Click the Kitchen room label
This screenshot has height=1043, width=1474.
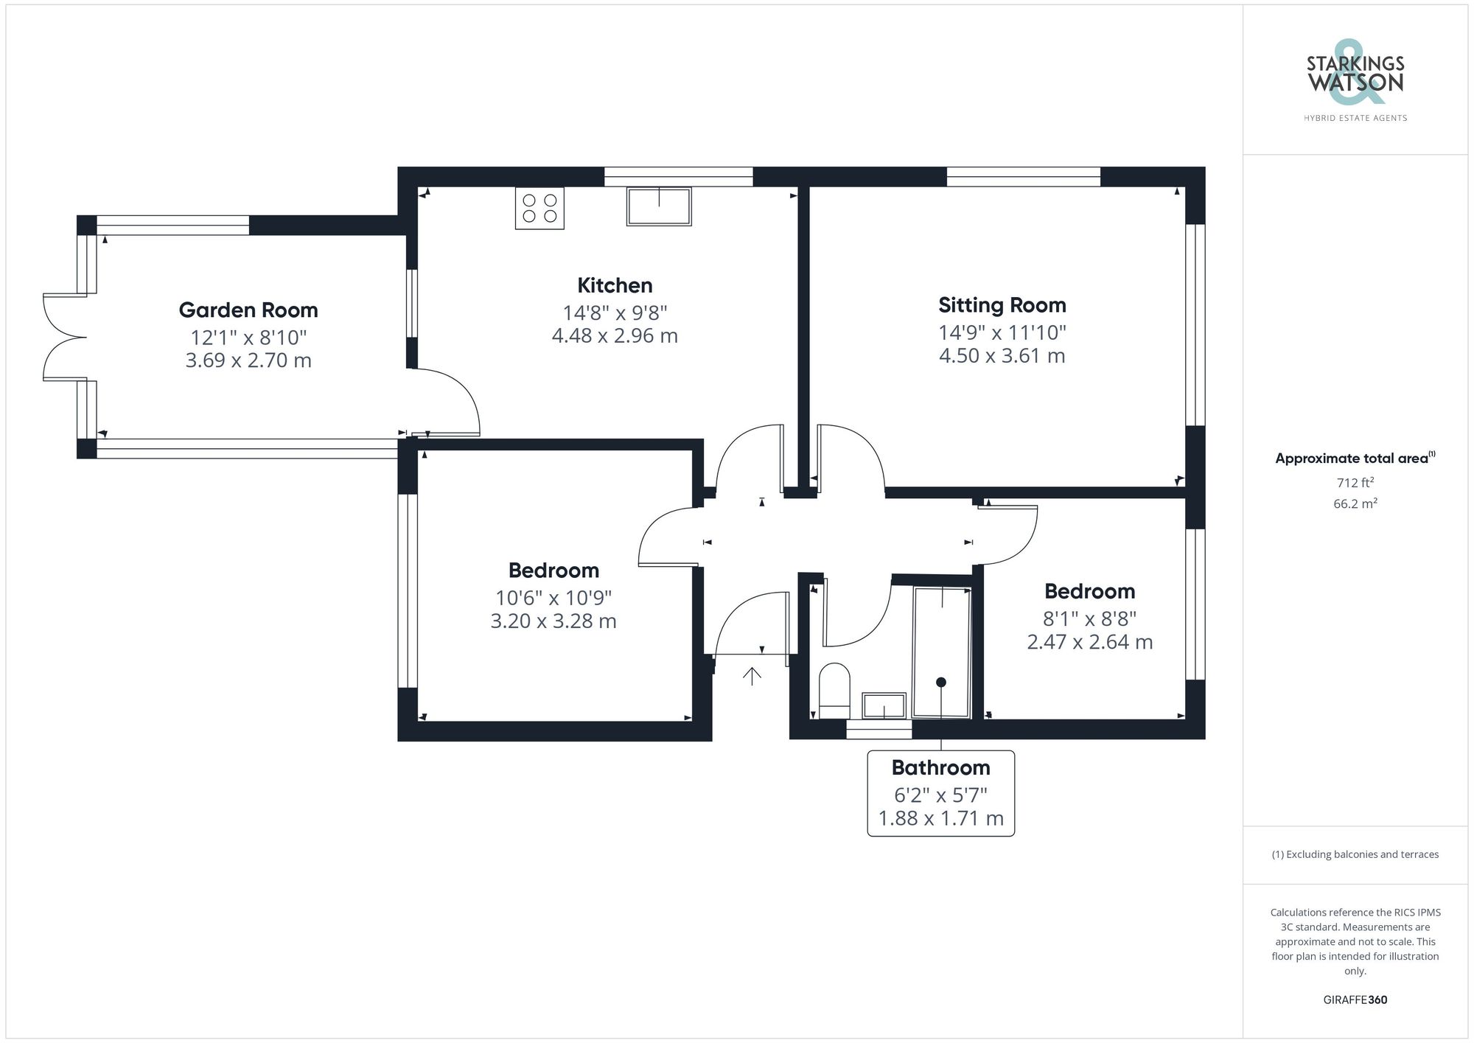[615, 285]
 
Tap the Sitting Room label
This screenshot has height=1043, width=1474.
[1002, 305]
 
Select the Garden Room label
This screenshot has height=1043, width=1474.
[248, 310]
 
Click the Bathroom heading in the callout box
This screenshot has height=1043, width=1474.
[940, 768]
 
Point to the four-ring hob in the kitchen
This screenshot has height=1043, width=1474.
[539, 208]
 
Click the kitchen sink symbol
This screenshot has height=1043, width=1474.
[659, 206]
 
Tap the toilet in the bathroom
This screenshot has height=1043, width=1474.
[834, 689]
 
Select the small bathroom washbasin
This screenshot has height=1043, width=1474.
[884, 705]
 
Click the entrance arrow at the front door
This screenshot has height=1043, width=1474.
[752, 676]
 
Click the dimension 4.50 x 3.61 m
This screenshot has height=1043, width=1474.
[1002, 356]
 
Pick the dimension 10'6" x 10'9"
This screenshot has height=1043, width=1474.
[553, 598]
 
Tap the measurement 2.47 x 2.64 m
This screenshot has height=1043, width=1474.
[1089, 642]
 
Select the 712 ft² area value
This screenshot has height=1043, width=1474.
[1355, 484]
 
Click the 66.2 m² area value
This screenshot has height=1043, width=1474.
[1355, 504]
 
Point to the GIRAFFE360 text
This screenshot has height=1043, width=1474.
[1355, 1000]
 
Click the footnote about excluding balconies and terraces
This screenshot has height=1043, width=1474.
[1355, 854]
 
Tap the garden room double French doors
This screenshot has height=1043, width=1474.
[65, 338]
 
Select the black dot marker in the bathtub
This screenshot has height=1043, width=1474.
[941, 683]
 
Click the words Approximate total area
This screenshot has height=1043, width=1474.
[1352, 458]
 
